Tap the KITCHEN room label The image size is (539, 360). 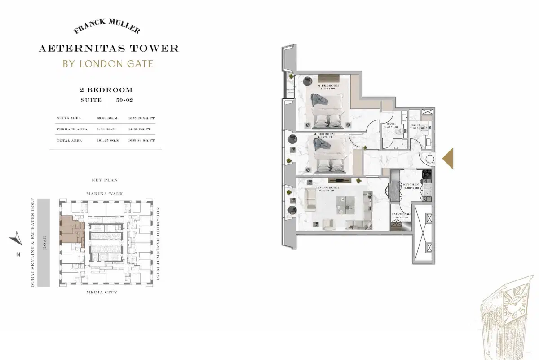(x=411, y=184)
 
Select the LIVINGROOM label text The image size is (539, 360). (x=327, y=187)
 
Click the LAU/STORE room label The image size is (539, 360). (x=400, y=215)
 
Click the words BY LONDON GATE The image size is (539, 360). (x=108, y=63)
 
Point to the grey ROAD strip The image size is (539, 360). (x=44, y=243)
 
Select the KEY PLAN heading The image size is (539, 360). (x=104, y=180)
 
